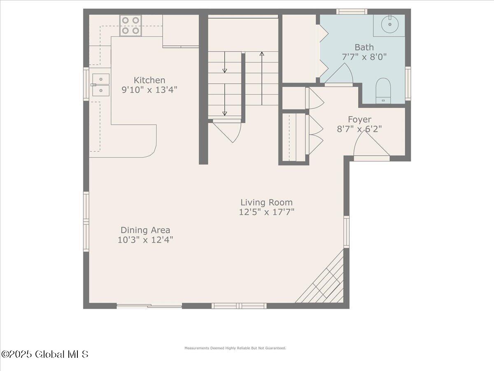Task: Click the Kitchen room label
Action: [x=149, y=80]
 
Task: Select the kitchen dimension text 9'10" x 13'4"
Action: [x=149, y=89]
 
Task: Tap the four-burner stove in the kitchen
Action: [x=130, y=25]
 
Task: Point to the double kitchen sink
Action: [x=100, y=85]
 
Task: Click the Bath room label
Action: [x=364, y=47]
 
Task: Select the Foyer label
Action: [x=359, y=120]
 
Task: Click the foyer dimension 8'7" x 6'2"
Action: [x=359, y=129]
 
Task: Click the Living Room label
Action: [x=266, y=202]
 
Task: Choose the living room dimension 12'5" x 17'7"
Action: [x=266, y=212]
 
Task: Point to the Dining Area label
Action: [x=145, y=230]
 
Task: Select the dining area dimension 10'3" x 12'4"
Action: [x=145, y=240]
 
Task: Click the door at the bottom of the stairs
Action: [x=228, y=130]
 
